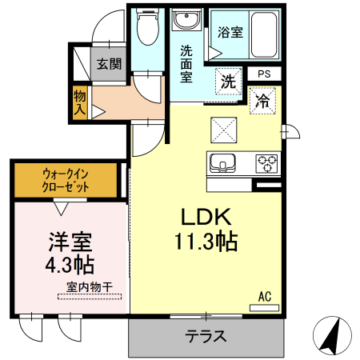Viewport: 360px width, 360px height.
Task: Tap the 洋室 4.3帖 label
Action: point(67,252)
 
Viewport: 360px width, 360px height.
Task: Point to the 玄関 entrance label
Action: point(109,64)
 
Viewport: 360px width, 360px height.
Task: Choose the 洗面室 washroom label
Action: point(186,64)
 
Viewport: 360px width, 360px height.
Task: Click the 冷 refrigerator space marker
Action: point(262,101)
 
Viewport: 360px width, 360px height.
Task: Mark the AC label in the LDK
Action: point(264,297)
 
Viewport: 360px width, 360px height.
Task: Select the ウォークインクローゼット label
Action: point(66,179)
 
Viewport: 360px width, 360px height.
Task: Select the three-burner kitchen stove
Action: point(266,163)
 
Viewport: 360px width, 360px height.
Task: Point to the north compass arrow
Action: point(334,334)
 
